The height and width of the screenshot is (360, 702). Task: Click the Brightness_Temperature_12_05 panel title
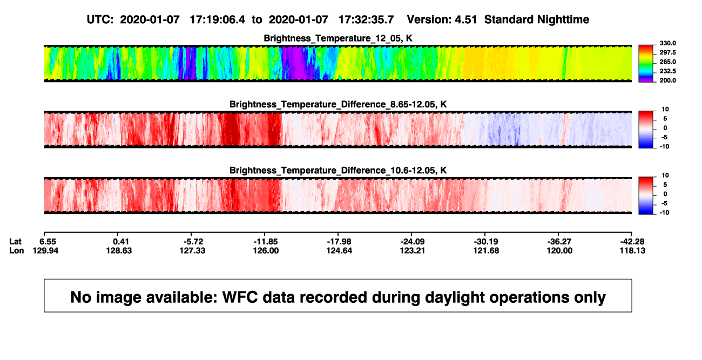tap(338, 38)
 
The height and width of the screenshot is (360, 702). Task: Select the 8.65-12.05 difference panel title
tap(338, 104)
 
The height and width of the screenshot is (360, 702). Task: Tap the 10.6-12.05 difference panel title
tap(338, 171)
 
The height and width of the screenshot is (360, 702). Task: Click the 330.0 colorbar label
tap(667, 43)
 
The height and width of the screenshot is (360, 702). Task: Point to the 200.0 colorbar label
tap(667, 80)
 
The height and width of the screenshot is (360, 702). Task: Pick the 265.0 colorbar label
tap(667, 62)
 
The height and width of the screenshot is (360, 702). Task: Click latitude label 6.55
tap(48, 242)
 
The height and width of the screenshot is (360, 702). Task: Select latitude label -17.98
tap(339, 242)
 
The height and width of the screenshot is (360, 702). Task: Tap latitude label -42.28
tap(632, 242)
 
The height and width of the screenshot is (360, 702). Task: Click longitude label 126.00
tap(266, 251)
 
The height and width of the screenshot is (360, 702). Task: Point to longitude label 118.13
tap(632, 251)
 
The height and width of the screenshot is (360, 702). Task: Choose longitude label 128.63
tap(119, 251)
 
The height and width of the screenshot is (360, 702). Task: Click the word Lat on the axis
tap(15, 242)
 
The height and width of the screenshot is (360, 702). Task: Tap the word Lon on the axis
tap(17, 251)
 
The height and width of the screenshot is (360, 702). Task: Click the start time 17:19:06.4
tap(218, 20)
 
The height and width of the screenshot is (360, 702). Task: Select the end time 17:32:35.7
tap(366, 20)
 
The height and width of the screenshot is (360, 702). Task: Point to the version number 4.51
tap(465, 20)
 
